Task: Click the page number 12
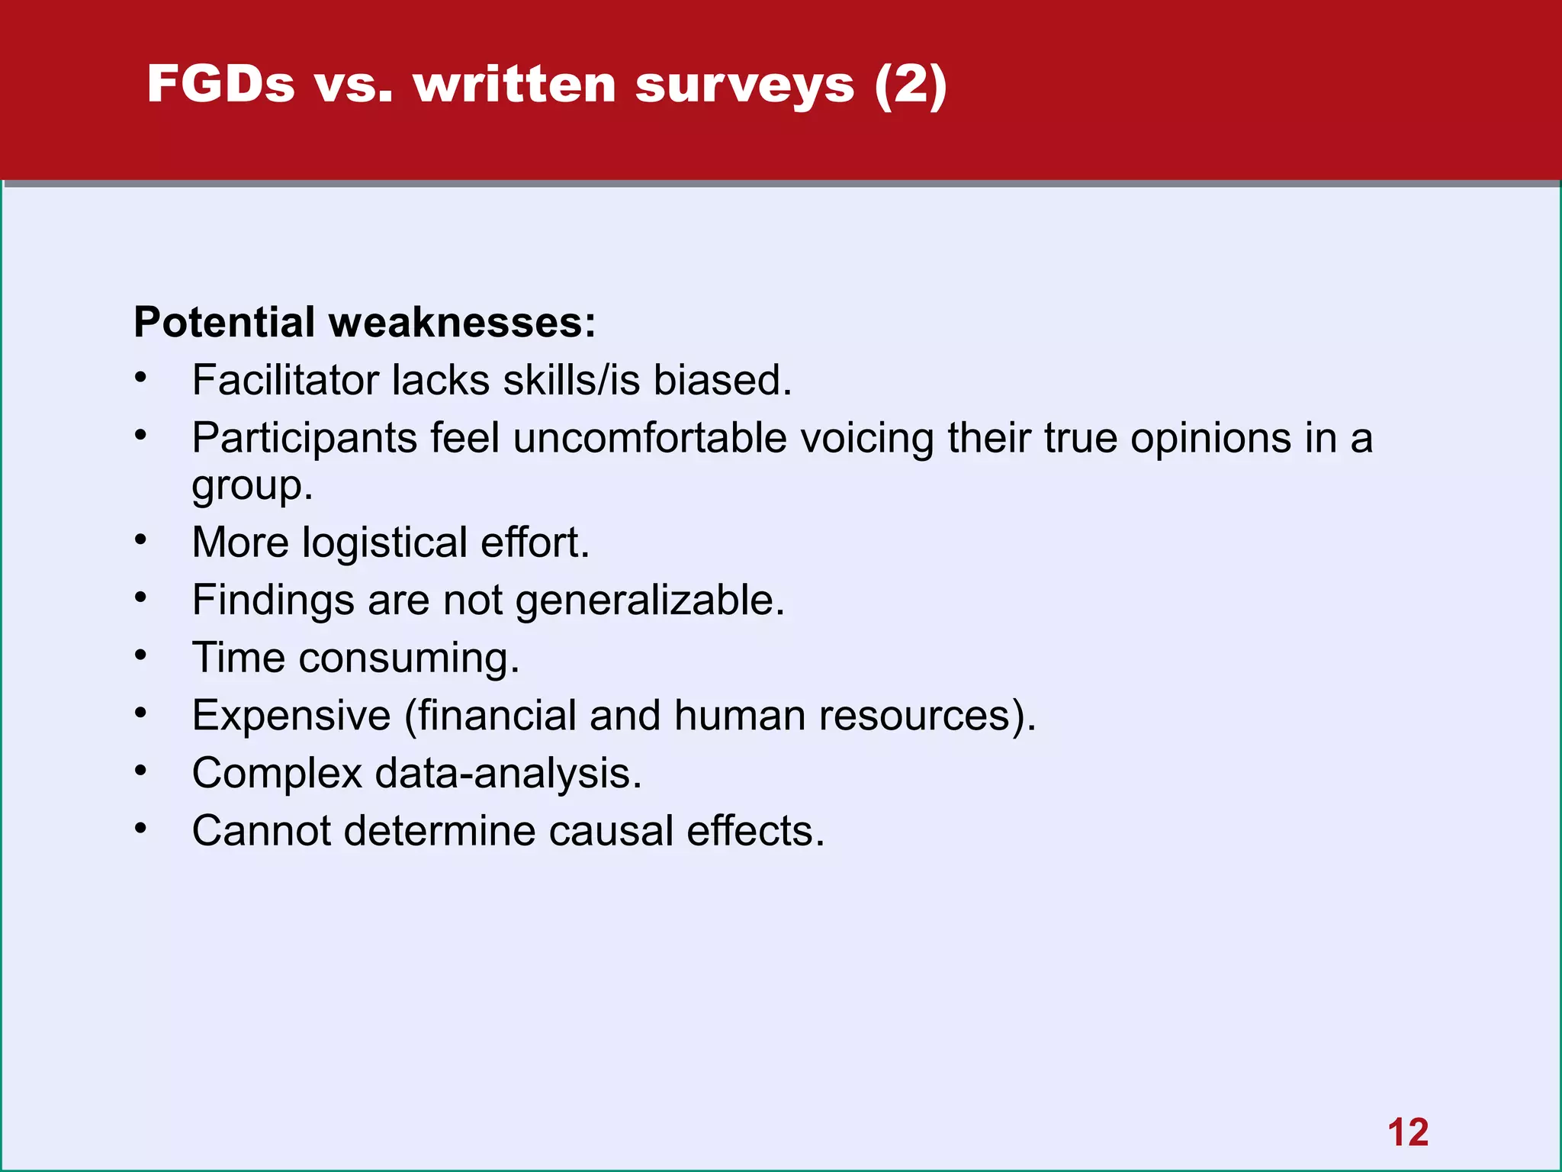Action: pos(1407,1132)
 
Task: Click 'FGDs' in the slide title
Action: pos(220,83)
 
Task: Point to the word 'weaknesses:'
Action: pos(462,322)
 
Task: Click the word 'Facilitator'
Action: pos(285,380)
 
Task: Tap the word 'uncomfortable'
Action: pos(649,439)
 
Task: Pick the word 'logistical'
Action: pos(384,543)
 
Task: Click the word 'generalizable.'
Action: pos(650,600)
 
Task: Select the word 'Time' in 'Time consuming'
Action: pos(238,658)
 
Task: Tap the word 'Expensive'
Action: pos(291,716)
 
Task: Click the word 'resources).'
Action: pos(927,716)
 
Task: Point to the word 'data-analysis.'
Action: pos(508,774)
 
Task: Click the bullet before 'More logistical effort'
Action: pos(140,540)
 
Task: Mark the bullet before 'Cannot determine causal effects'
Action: pos(140,829)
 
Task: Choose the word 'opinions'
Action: pos(1210,439)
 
